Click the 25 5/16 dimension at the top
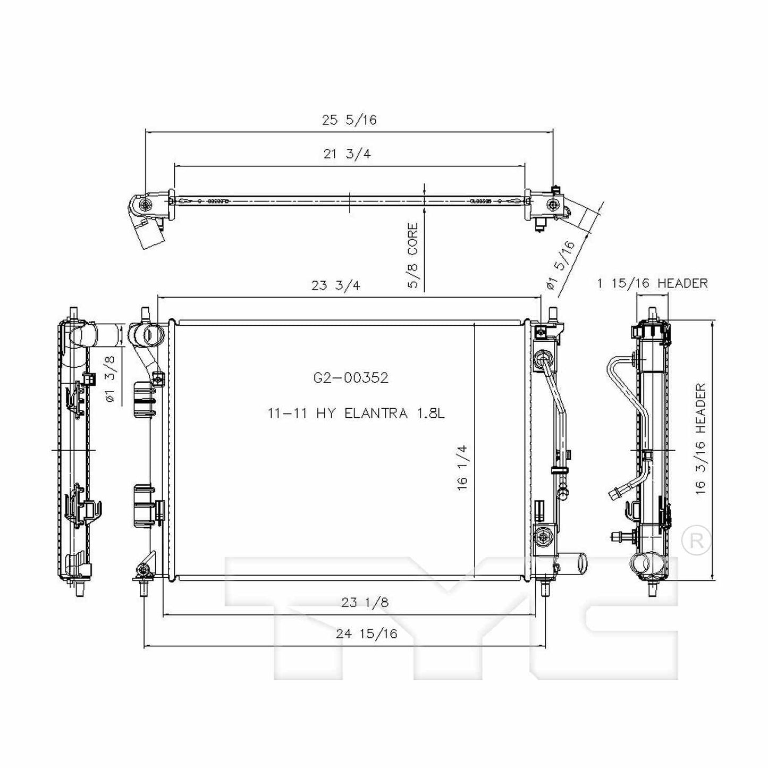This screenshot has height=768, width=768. point(349,120)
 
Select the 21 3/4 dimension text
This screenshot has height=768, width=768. point(347,154)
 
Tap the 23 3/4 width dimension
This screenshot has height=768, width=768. point(335,285)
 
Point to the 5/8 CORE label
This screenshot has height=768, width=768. point(413,256)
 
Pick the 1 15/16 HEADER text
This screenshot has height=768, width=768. point(652,283)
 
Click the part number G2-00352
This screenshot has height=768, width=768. point(351,378)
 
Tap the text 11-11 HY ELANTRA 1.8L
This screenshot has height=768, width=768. point(355,413)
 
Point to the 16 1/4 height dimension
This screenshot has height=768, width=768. point(462,468)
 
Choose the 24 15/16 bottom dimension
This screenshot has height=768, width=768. point(366,634)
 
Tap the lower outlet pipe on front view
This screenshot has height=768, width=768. point(576,561)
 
